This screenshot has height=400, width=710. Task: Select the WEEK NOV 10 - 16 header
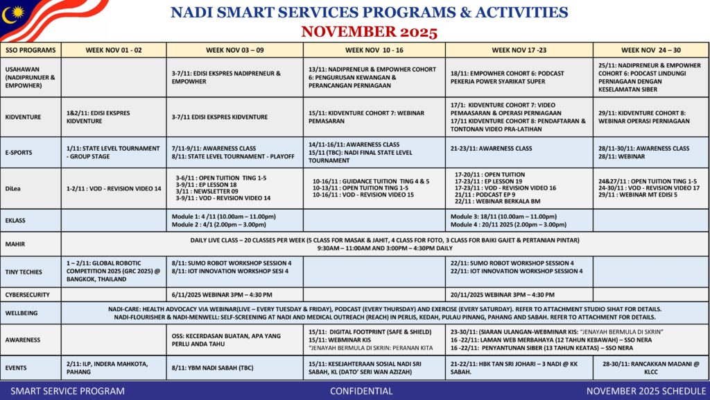click(374, 50)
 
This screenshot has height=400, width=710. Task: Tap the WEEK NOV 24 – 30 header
click(650, 50)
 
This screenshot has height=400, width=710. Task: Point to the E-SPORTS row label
click(20, 152)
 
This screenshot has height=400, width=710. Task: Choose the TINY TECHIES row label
click(24, 272)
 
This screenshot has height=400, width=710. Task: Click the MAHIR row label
click(15, 244)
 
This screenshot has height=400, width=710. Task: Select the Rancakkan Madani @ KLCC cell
click(650, 367)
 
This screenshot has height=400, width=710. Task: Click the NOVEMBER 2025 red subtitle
click(369, 32)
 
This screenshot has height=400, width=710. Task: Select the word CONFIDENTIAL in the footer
click(361, 391)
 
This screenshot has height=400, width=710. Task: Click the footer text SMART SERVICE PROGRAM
click(68, 391)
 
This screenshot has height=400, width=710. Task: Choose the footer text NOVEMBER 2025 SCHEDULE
click(646, 391)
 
